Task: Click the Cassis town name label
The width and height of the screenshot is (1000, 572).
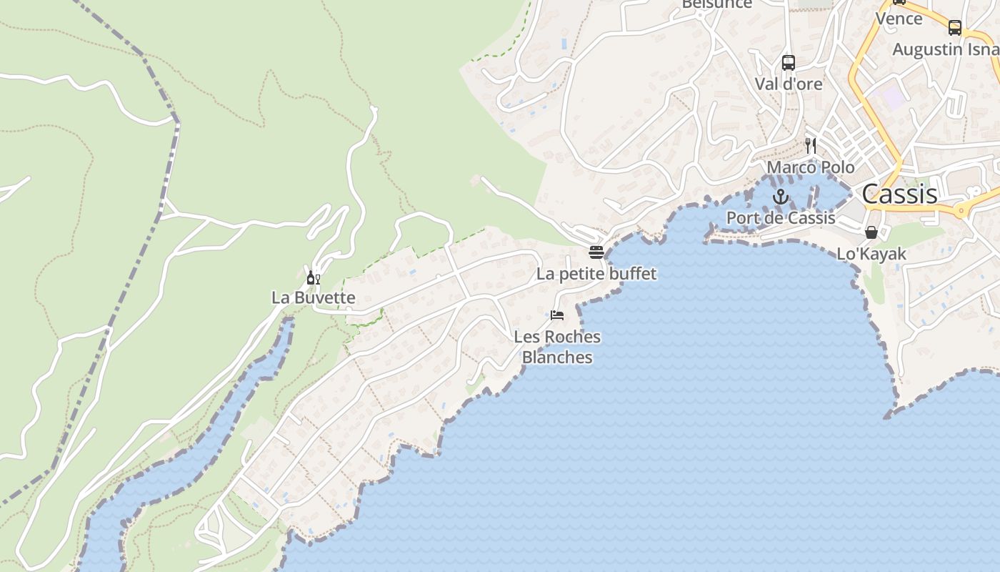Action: pyautogui.click(x=899, y=194)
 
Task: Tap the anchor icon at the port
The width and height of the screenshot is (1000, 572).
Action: pyautogui.click(x=781, y=197)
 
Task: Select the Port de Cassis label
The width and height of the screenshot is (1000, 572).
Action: pyautogui.click(x=781, y=217)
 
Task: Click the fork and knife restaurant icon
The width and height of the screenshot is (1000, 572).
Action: pyautogui.click(x=811, y=146)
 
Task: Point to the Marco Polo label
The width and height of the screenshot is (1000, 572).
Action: pyautogui.click(x=811, y=167)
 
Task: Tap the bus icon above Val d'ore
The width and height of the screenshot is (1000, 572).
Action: pyautogui.click(x=789, y=63)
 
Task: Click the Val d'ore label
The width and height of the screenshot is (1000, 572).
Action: pyautogui.click(x=789, y=84)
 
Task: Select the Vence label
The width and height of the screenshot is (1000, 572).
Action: pyautogui.click(x=899, y=19)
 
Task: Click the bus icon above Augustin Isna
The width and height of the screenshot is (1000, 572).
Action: pyautogui.click(x=955, y=28)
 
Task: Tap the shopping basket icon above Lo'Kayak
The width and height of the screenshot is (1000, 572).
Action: pyautogui.click(x=871, y=232)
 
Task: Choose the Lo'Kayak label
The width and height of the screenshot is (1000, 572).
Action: pyautogui.click(x=871, y=254)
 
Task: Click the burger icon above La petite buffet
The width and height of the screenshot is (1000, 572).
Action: pyautogui.click(x=596, y=252)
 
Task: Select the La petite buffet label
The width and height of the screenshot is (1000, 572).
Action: pyautogui.click(x=596, y=274)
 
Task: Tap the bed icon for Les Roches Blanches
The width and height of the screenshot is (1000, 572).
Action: pyautogui.click(x=557, y=315)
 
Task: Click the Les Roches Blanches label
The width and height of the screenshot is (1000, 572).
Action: pyautogui.click(x=557, y=347)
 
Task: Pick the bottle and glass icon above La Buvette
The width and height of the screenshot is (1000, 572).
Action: pyautogui.click(x=313, y=277)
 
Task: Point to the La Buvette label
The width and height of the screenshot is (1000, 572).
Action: pyautogui.click(x=313, y=297)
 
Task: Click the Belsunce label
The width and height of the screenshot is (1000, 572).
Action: pyautogui.click(x=717, y=4)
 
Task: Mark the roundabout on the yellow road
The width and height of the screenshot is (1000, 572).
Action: pyautogui.click(x=961, y=210)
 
